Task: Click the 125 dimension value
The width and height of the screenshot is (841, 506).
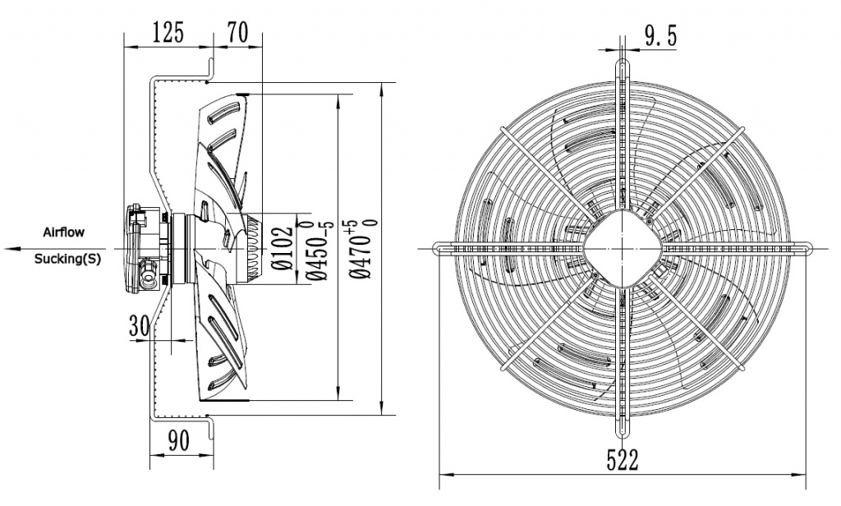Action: pyautogui.click(x=168, y=33)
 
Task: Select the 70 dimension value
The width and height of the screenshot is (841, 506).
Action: pyautogui.click(x=237, y=33)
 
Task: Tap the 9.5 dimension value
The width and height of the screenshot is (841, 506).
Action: pyautogui.click(x=661, y=35)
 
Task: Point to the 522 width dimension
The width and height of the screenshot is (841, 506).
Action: pyautogui.click(x=623, y=460)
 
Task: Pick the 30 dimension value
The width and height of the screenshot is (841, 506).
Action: pyautogui.click(x=139, y=325)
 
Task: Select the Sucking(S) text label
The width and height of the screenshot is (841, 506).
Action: pyautogui.click(x=67, y=259)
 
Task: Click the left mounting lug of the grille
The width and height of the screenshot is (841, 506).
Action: pyautogui.click(x=443, y=246)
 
